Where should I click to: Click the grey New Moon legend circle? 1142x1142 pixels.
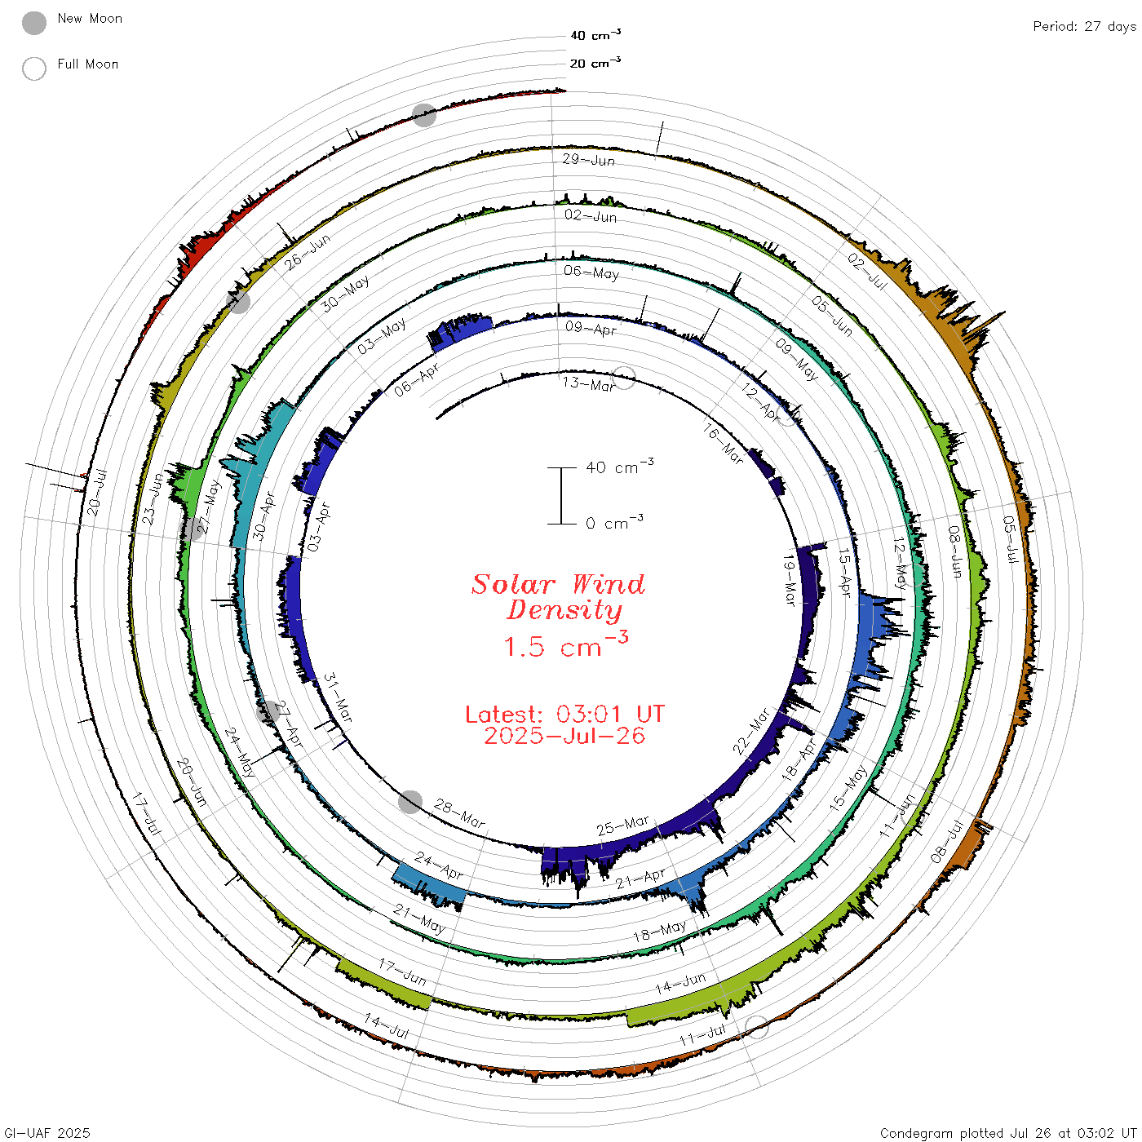[x=34, y=23]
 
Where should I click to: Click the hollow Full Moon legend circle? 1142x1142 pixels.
[x=34, y=69]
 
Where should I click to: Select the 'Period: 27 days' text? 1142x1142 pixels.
[x=1085, y=27]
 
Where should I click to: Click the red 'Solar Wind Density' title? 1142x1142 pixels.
[x=558, y=597]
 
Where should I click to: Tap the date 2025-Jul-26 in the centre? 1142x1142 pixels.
[x=564, y=736]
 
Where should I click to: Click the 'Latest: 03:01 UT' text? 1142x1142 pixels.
[x=564, y=714]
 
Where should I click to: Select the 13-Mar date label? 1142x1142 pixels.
[x=588, y=384]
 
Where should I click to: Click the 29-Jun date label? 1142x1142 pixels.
[x=588, y=159]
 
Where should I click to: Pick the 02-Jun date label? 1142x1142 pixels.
[x=591, y=215]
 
